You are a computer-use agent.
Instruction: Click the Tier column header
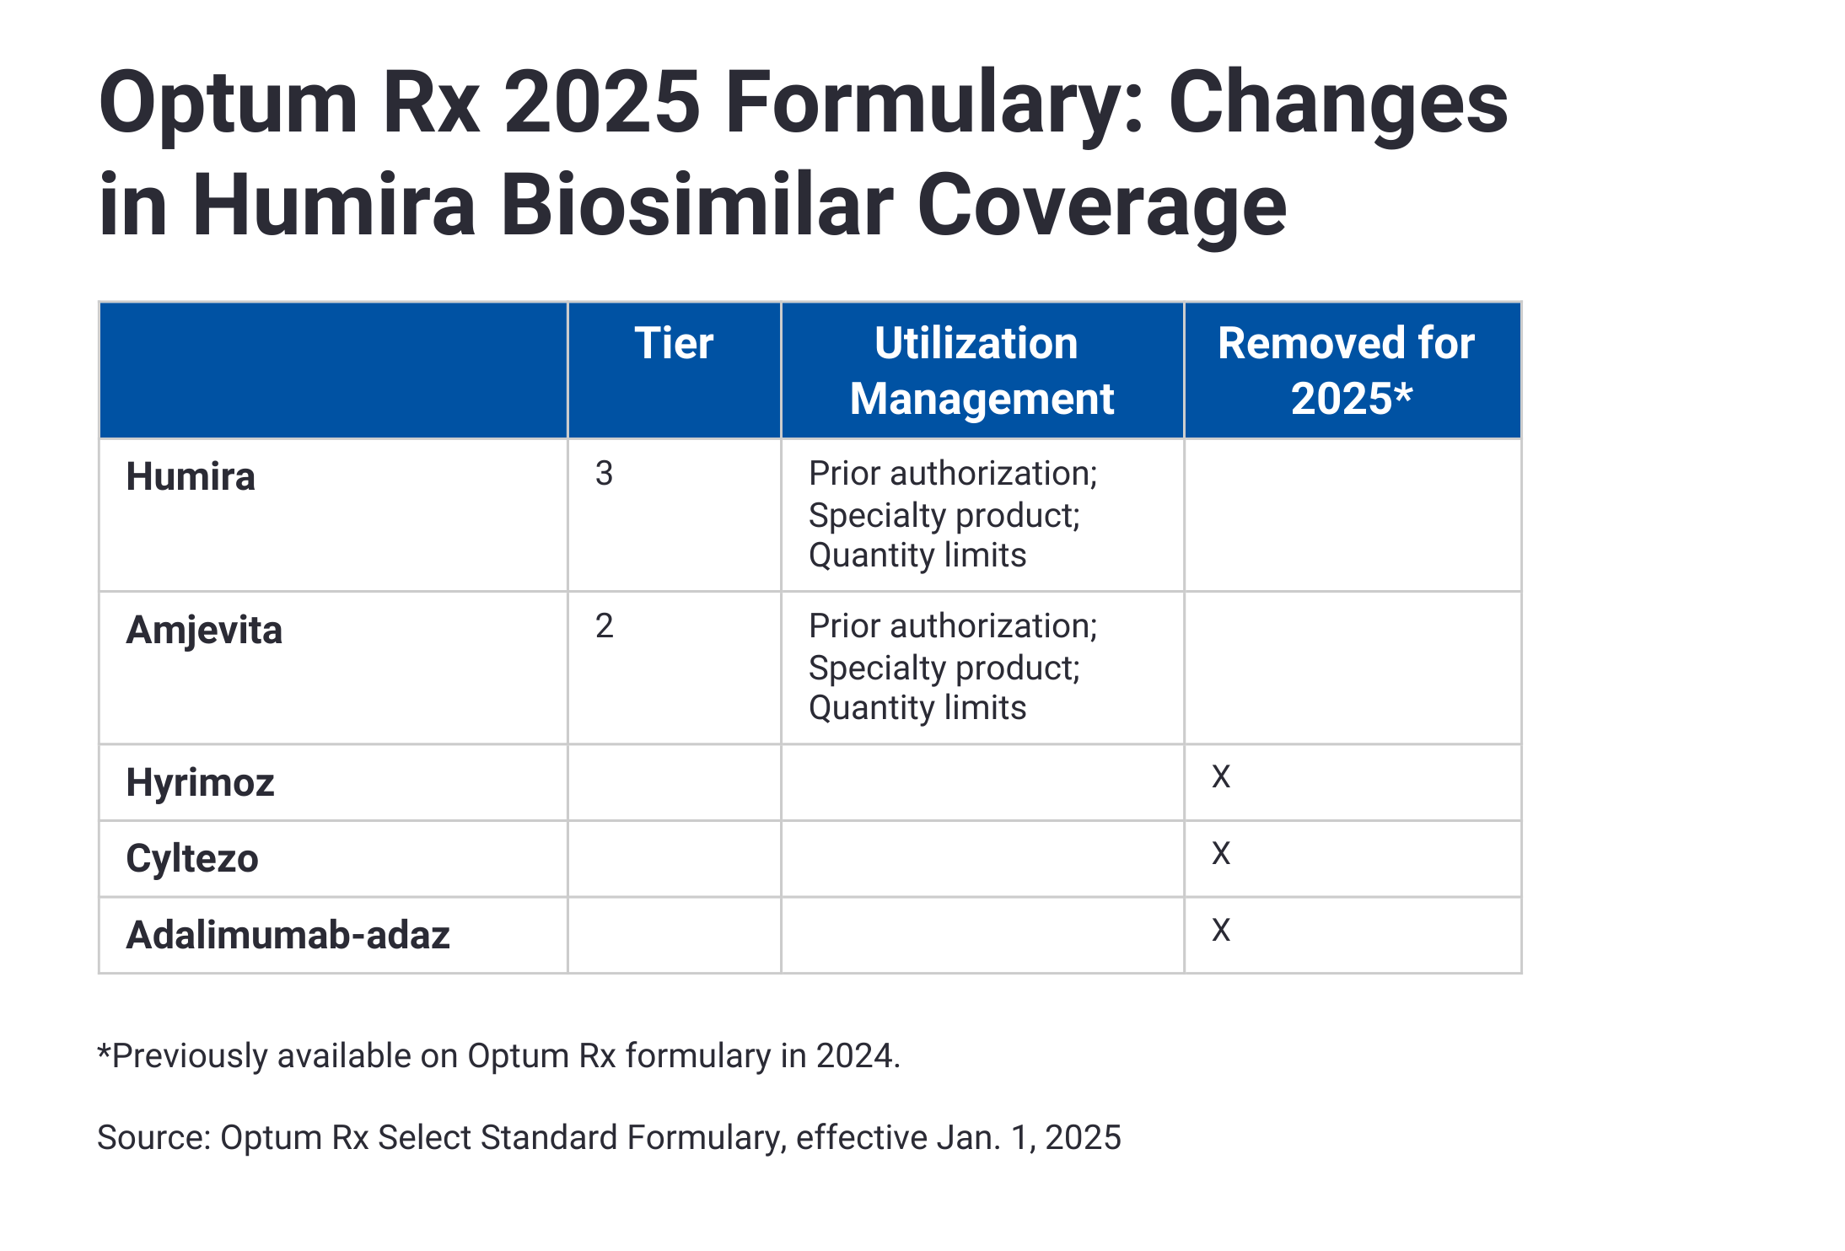(674, 344)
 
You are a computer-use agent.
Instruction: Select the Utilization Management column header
(981, 371)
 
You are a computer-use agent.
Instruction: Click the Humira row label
(191, 477)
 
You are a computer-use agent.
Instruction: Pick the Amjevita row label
(204, 631)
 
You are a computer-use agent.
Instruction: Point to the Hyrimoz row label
(200, 783)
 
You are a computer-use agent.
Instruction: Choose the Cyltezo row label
(192, 859)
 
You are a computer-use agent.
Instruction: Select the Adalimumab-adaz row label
(288, 936)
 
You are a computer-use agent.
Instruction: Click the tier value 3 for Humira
(604, 474)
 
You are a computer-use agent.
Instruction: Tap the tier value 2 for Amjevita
(604, 626)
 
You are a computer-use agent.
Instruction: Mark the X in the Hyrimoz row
(1221, 777)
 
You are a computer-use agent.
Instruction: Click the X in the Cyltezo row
(1221, 854)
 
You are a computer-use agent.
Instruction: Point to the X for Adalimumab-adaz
(1221, 931)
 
